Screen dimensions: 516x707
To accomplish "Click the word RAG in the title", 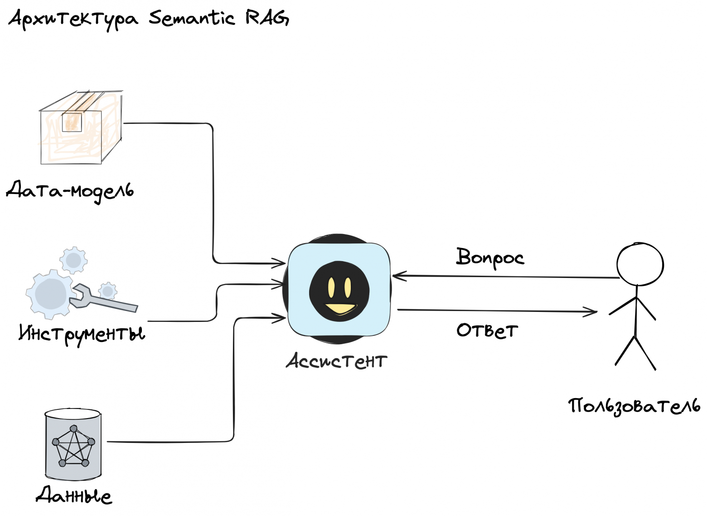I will coord(266,18).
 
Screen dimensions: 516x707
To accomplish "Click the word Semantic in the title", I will coord(192,19).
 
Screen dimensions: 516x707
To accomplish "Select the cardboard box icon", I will coord(80,128).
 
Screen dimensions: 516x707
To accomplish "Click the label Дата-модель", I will coord(70,190).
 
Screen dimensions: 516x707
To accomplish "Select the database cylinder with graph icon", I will coord(73,444).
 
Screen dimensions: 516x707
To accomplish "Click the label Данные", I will coord(74,495).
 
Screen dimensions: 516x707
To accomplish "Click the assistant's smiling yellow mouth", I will coord(340,309).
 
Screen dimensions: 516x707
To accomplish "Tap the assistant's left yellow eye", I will coord(331,287).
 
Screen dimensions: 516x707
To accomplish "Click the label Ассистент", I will coord(336,361).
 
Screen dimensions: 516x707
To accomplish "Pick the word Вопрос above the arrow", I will coord(489,258).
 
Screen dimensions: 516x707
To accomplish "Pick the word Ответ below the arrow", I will coord(487,330).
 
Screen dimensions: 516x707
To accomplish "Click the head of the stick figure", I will coord(639,264).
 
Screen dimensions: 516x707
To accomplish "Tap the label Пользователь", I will coord(634,406).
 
